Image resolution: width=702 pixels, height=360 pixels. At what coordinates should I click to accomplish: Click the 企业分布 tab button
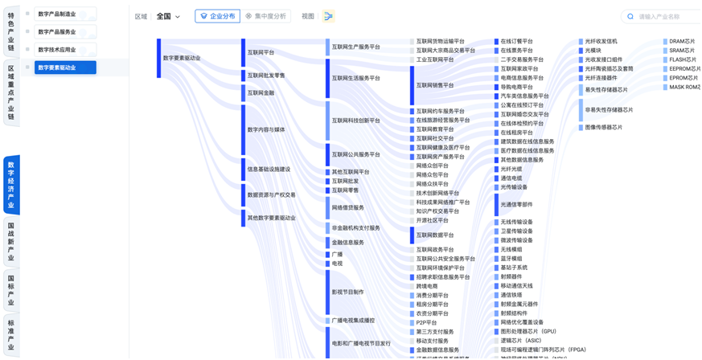tap(217, 16)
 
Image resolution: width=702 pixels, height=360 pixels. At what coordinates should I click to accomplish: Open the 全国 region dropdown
tap(168, 16)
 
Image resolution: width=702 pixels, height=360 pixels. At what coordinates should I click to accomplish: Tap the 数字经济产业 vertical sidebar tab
tap(10, 184)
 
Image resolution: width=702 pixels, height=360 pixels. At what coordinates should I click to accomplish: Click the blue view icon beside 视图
tap(329, 16)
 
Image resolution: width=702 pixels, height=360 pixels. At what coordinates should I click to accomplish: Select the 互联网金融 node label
tap(261, 93)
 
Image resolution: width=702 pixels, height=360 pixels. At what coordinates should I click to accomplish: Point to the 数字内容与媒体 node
tap(266, 129)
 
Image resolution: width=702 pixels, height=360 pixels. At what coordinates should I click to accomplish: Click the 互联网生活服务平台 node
tap(356, 78)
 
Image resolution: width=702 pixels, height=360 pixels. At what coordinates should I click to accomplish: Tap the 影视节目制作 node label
tap(348, 292)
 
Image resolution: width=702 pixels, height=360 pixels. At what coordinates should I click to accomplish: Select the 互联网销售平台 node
tap(435, 84)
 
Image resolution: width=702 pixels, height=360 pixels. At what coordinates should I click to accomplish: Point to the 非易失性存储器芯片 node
tap(609, 109)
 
